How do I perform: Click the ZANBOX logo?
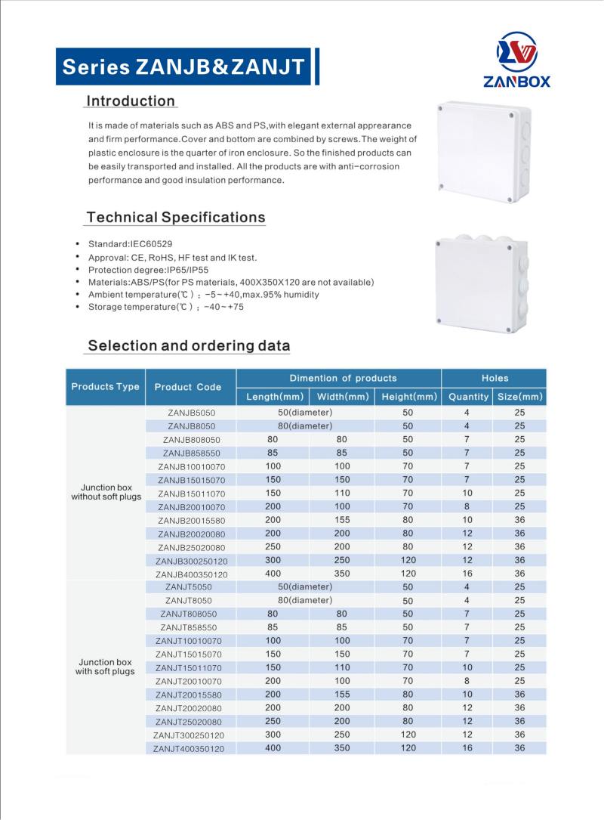[x=516, y=60]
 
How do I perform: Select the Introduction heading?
[x=131, y=101]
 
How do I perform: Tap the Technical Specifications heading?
[x=176, y=218]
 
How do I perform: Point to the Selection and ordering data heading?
[x=189, y=346]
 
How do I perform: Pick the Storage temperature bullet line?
[x=165, y=307]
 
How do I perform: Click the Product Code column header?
[x=188, y=387]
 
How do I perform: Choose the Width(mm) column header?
[x=343, y=397]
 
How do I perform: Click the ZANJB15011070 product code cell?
[x=192, y=494]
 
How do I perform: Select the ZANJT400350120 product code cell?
[x=189, y=748]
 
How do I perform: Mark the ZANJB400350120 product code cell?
[x=191, y=574]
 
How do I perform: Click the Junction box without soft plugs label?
[x=106, y=492]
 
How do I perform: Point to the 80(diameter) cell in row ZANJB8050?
[x=305, y=426]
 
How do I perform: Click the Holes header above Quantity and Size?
[x=495, y=378]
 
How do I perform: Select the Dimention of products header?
[x=343, y=378]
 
